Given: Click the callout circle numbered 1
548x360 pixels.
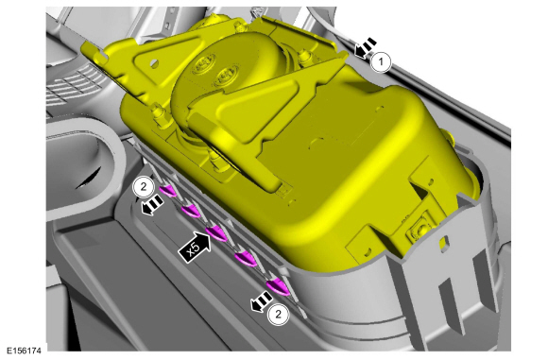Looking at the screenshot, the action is [x=381, y=62].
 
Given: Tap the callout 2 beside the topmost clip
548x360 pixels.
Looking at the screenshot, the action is [x=144, y=187].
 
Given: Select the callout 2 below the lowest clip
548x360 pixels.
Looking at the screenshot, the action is [x=278, y=315].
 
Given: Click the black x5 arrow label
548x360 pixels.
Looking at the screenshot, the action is [x=195, y=246].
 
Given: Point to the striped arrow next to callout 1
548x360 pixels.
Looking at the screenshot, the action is [x=366, y=48].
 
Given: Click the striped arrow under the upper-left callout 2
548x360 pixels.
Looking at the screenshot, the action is [x=152, y=205].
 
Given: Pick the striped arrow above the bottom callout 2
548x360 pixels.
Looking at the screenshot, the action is [x=262, y=301].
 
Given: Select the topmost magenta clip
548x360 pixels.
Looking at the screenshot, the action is [x=168, y=191].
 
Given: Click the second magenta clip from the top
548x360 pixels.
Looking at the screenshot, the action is [x=191, y=211].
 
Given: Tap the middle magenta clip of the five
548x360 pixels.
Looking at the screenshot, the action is [x=216, y=232].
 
